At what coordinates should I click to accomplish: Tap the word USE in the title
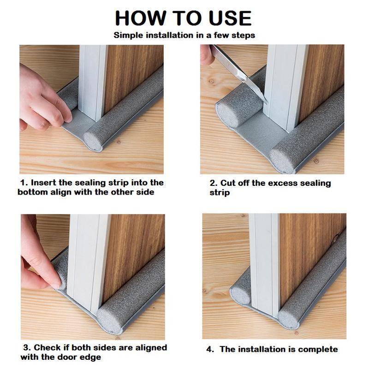point(230,18)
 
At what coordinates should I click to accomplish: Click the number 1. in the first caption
point(24,183)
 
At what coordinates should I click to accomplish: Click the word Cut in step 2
point(228,183)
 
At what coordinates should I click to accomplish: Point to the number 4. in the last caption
point(210,350)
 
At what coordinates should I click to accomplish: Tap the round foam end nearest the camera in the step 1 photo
point(93,142)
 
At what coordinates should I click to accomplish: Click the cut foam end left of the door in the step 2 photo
point(226,115)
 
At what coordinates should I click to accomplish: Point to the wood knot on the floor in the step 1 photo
point(119,142)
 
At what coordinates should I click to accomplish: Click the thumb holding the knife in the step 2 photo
point(207,56)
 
